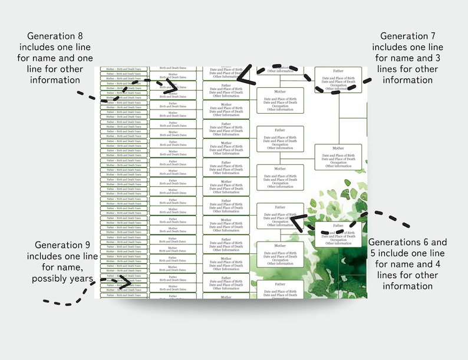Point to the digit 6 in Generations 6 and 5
click(423, 242)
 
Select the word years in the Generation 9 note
click(77, 278)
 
